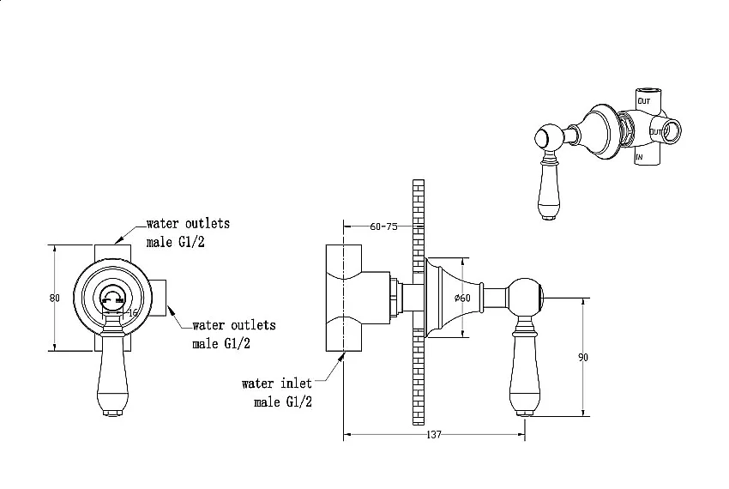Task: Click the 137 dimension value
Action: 433,435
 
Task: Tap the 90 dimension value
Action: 583,358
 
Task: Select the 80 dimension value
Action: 54,298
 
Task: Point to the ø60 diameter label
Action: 462,298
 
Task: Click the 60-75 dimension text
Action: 383,226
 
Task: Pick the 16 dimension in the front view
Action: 133,312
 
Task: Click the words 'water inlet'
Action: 277,383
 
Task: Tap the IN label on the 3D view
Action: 639,157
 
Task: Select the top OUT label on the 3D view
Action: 644,101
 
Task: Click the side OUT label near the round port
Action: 655,132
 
